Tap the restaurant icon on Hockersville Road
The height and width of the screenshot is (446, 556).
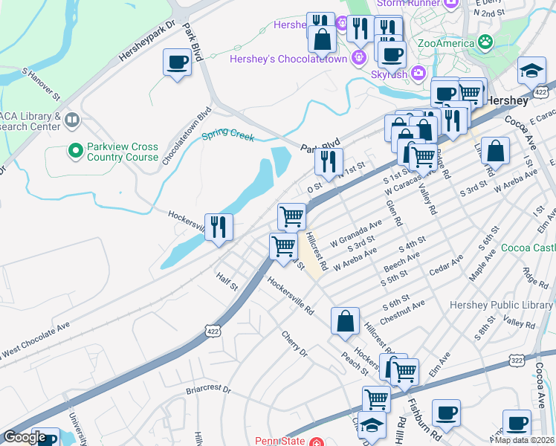pyautogui.click(x=219, y=226)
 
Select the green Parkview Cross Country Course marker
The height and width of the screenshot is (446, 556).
pyautogui.click(x=75, y=152)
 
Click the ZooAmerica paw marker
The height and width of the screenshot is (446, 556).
pyautogui.click(x=486, y=42)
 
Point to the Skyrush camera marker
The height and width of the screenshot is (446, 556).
pyautogui.click(x=418, y=73)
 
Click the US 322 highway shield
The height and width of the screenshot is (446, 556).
pyautogui.click(x=516, y=360)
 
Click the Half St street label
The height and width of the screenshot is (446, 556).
pyautogui.click(x=227, y=281)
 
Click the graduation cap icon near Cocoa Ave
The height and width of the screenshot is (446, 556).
pyautogui.click(x=531, y=71)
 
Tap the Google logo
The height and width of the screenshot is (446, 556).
pyautogui.click(x=25, y=438)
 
